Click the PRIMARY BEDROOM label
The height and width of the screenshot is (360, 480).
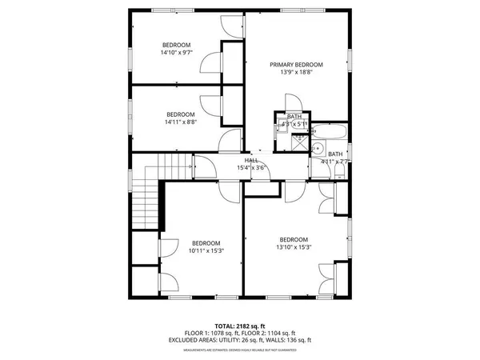tap(296, 65)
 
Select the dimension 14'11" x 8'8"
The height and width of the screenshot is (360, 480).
tap(181, 122)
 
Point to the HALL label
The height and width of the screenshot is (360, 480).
tap(250, 161)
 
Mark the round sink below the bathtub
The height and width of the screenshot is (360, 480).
tap(318, 148)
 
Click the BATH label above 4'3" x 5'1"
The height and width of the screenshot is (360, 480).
tap(294, 117)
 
